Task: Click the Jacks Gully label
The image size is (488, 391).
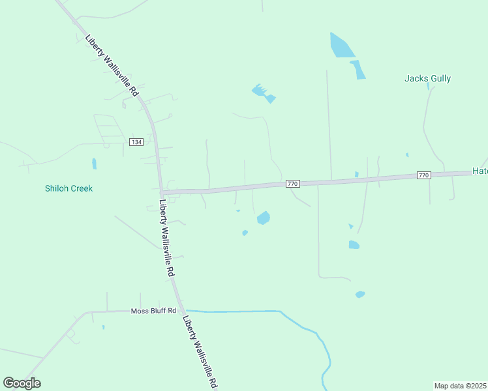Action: pos(427,79)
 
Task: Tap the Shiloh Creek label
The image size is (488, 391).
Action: pos(69,188)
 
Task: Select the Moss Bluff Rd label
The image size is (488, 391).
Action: pos(153,311)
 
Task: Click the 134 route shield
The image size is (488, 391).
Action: pos(136,142)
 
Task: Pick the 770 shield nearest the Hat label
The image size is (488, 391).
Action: pos(423,175)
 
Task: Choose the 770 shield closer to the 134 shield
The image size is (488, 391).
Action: pos(292,184)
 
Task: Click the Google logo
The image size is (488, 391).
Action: pos(22,383)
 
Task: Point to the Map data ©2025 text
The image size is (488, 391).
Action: pos(461,386)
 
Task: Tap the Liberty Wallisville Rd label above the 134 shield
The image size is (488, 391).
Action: pos(112,65)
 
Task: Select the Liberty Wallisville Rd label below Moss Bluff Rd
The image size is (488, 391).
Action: pos(200,353)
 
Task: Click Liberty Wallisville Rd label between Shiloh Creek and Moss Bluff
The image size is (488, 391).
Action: pos(167,237)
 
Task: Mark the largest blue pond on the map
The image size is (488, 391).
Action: pos(341,46)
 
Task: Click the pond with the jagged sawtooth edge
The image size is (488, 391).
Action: pos(263,93)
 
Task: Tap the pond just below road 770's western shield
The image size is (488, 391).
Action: pos(264,218)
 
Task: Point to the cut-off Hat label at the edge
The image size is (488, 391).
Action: pos(480,171)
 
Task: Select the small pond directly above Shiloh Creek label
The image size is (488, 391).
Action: pos(94,164)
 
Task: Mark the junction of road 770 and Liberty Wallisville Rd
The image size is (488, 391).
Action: pos(161,192)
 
